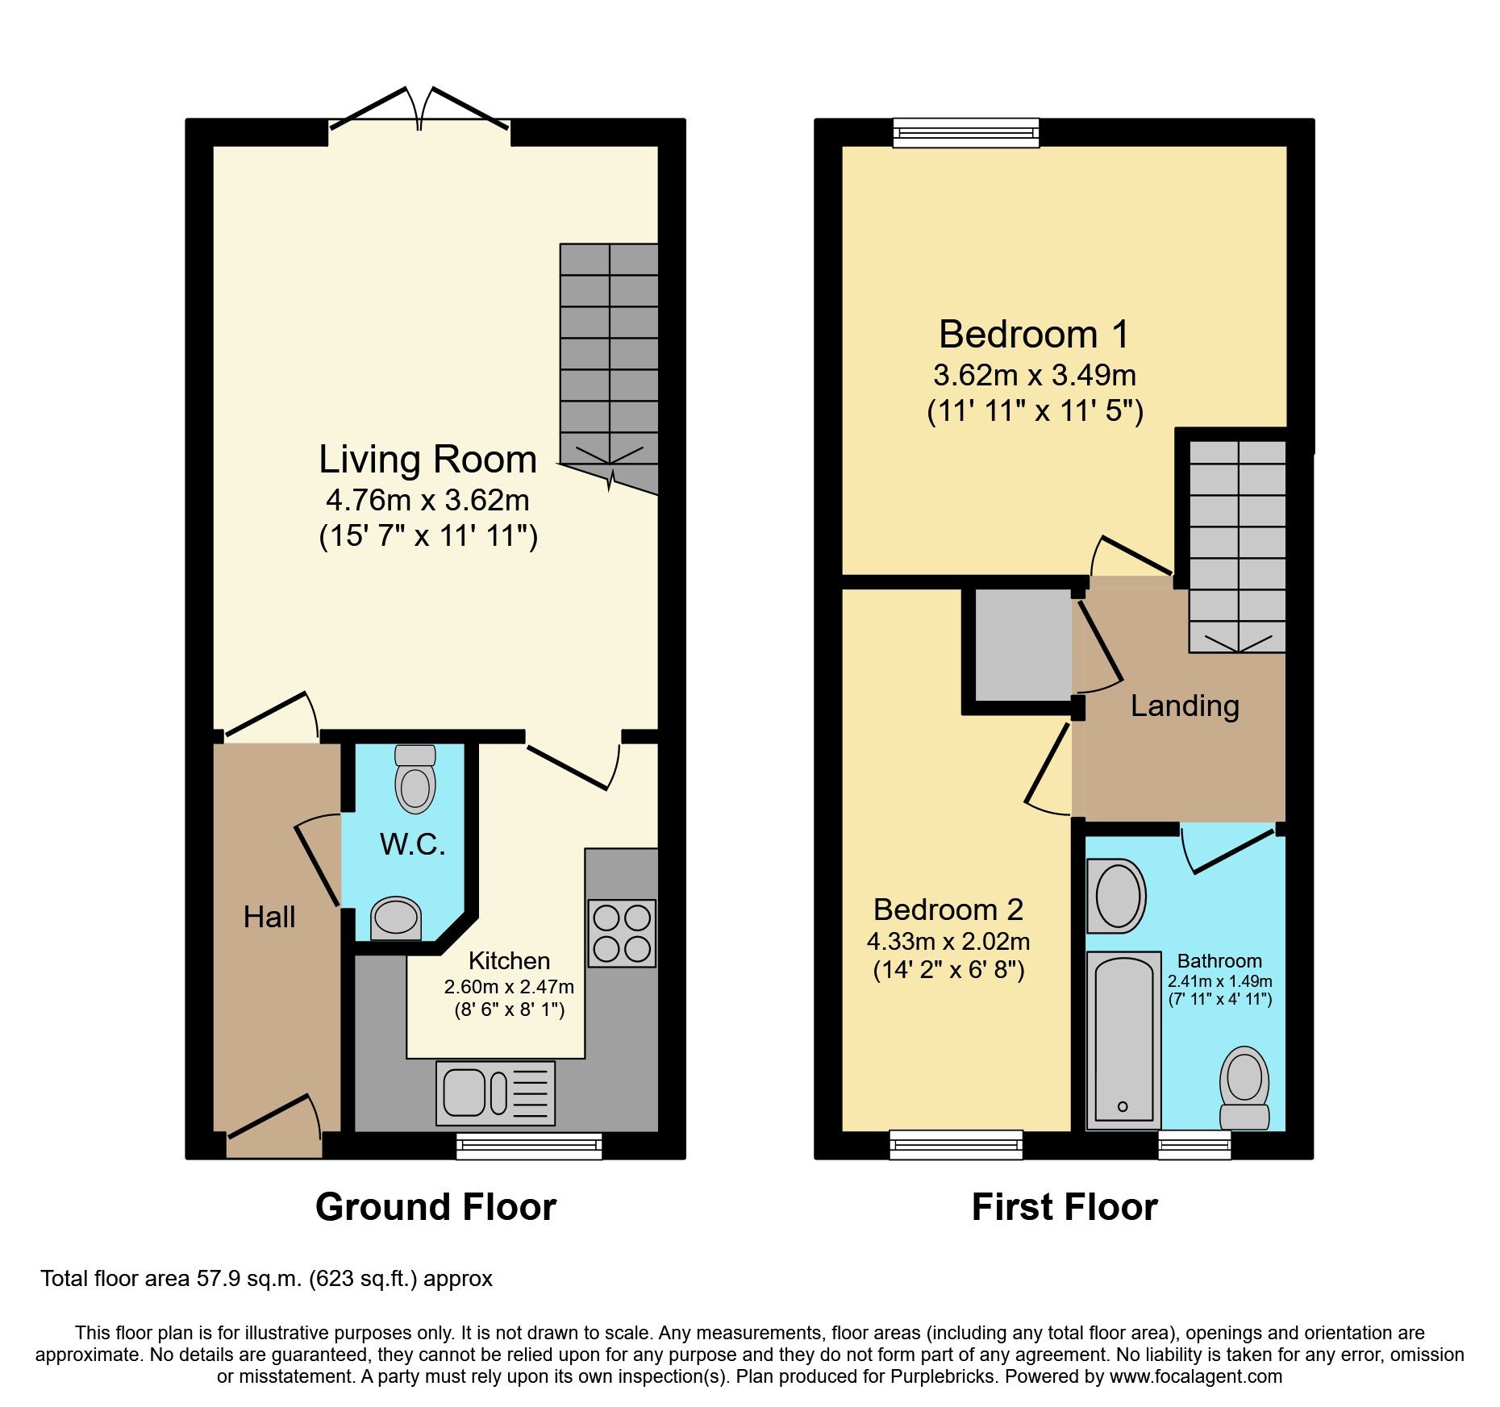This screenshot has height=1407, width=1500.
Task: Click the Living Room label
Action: tap(427, 460)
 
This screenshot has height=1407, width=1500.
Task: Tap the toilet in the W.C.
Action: tap(415, 780)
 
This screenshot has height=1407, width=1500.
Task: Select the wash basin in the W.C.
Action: tap(396, 918)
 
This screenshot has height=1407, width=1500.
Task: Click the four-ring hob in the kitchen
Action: tap(621, 934)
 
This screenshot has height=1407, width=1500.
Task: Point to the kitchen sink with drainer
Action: tap(495, 1093)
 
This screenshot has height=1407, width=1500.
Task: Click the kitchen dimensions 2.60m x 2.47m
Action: tap(509, 987)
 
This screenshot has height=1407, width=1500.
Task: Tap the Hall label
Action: tap(269, 918)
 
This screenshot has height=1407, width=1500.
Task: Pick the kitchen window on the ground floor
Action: tap(529, 1146)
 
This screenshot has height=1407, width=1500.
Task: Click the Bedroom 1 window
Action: tap(966, 133)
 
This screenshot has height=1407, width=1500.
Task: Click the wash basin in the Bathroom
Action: tap(1118, 896)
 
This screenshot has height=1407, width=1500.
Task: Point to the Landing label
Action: tap(1184, 706)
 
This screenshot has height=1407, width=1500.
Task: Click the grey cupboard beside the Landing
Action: tap(1023, 645)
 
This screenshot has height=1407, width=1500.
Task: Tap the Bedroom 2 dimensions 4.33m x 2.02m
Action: tap(948, 941)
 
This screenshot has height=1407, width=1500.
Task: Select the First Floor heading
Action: tap(1065, 1207)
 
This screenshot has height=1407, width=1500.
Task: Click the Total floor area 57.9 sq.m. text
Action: tap(266, 1279)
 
